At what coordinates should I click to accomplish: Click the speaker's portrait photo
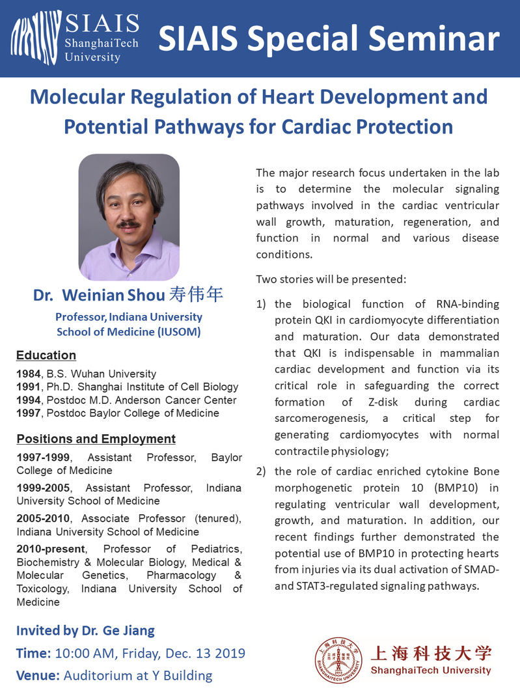[x=129, y=217]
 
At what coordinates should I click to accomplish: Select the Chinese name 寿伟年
[x=196, y=295]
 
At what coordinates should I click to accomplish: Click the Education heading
[x=46, y=355]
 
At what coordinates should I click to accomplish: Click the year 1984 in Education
[x=27, y=374]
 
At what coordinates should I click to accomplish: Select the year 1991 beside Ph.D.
[x=27, y=387]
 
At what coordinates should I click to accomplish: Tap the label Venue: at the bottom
[x=38, y=675]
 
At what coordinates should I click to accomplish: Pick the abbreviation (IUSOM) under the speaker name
[x=177, y=331]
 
